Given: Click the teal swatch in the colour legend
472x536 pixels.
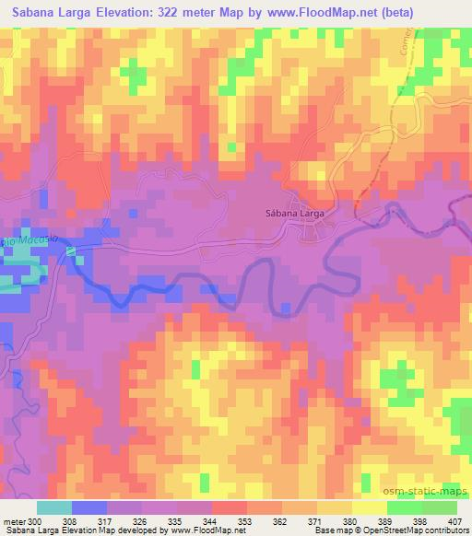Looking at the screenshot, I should (54, 507).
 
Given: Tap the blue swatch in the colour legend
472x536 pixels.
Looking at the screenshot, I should (88, 507).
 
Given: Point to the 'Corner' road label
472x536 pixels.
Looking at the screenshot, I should (403, 38).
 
